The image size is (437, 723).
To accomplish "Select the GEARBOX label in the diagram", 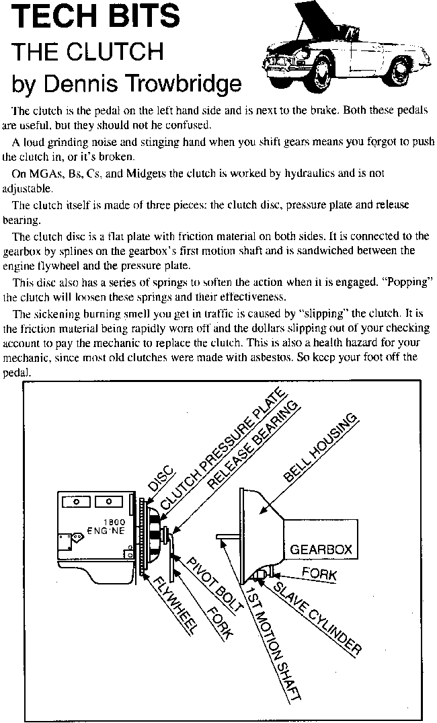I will coord(321,549).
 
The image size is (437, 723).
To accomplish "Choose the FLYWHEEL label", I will coord(174,606).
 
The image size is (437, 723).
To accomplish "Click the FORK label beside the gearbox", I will coord(319,575).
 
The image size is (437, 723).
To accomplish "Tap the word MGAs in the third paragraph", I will coord(48,173).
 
